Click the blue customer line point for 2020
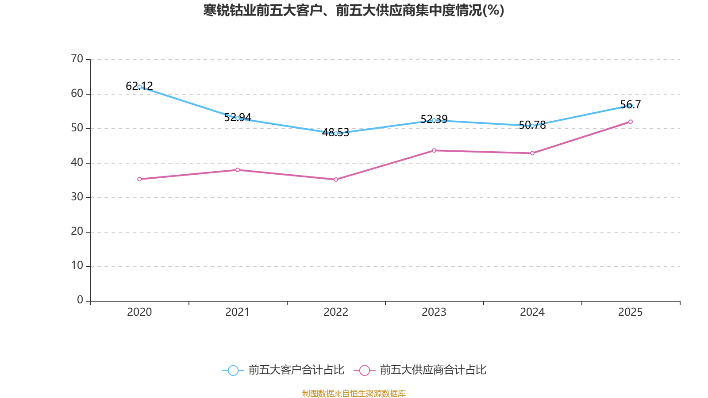(x=139, y=87)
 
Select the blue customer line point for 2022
(x=336, y=133)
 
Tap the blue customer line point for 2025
(x=630, y=106)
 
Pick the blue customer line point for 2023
(x=434, y=120)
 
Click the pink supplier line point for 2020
(x=139, y=179)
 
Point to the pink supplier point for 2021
(x=238, y=170)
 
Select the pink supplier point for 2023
(x=434, y=150)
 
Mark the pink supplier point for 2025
(x=630, y=122)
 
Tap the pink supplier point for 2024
(x=532, y=153)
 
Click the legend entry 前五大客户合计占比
(x=283, y=370)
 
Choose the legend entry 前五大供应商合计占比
(x=420, y=370)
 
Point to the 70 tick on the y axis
(x=77, y=59)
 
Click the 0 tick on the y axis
(x=80, y=300)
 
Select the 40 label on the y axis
(x=77, y=162)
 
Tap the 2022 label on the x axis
(x=336, y=312)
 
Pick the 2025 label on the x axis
(x=630, y=312)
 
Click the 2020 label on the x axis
(x=139, y=312)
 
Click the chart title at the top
(x=354, y=10)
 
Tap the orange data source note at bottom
(x=354, y=393)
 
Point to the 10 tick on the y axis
(x=77, y=266)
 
